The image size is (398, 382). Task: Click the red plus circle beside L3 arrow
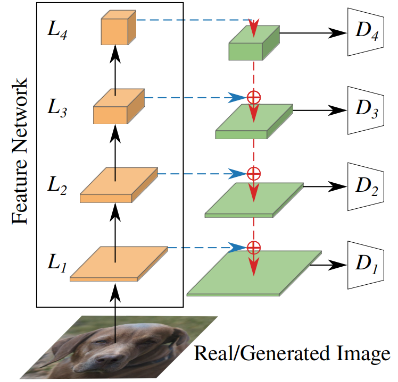(254, 97)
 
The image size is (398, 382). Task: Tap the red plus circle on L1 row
(254, 247)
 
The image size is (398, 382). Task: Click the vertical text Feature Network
(20, 154)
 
